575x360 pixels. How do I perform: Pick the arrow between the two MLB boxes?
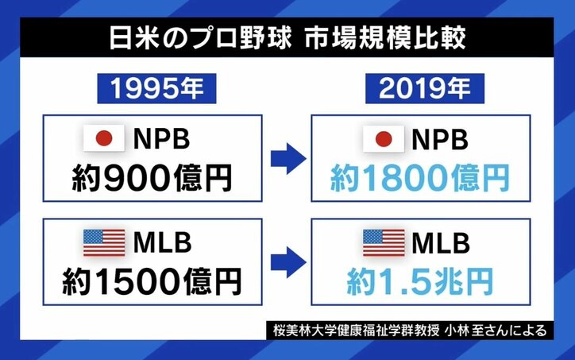[x=287, y=260]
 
